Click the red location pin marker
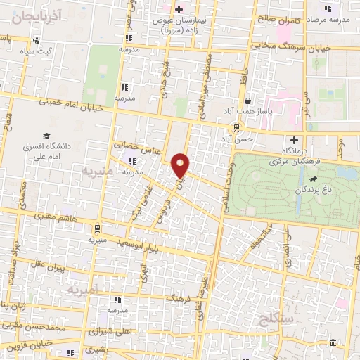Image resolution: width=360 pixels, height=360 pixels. (x=182, y=165)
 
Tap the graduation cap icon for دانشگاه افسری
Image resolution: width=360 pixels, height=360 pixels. (x=46, y=136)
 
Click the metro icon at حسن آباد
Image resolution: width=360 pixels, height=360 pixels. (x=236, y=128)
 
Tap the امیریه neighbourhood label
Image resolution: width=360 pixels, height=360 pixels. (x=84, y=288)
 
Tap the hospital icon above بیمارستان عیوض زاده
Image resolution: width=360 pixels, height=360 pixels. (x=180, y=9)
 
